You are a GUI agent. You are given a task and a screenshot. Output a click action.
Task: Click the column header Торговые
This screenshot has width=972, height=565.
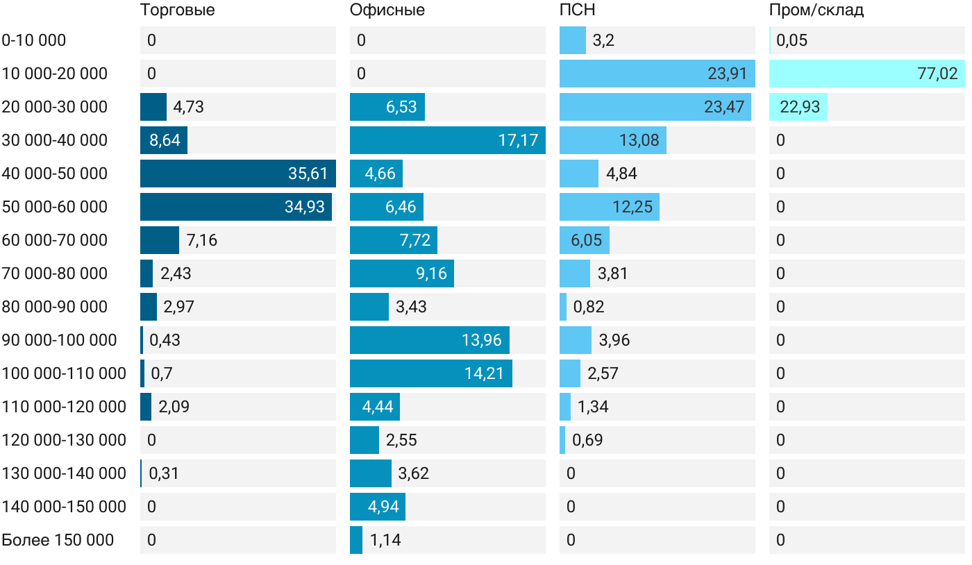click(x=177, y=10)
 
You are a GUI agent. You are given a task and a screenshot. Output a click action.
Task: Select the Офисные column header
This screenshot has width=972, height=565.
click(x=387, y=10)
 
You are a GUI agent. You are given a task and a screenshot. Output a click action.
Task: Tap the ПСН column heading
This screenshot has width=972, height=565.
click(x=577, y=10)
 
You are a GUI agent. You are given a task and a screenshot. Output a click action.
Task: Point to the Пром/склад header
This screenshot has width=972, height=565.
click(x=816, y=10)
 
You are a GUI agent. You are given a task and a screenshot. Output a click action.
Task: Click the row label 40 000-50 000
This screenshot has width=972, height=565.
click(x=55, y=174)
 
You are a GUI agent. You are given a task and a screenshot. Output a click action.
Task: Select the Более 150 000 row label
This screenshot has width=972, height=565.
click(x=58, y=540)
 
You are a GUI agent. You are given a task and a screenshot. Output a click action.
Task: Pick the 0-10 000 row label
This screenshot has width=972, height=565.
click(x=34, y=40)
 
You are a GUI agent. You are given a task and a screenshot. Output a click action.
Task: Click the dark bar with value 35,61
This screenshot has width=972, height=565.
click(x=237, y=174)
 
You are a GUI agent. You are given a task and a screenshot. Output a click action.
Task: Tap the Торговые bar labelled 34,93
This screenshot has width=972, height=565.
click(x=235, y=207)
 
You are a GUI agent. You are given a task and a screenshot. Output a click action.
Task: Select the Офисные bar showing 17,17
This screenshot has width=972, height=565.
click(x=447, y=140)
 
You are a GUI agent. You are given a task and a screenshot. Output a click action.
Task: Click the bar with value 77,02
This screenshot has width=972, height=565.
click(x=866, y=74)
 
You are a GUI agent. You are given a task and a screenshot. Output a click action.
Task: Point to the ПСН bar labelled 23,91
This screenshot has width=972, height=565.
click(x=657, y=74)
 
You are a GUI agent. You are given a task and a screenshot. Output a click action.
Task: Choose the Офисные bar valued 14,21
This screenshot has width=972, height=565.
click(x=430, y=373)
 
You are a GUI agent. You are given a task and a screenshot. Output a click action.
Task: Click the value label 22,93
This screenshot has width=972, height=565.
click(x=800, y=107)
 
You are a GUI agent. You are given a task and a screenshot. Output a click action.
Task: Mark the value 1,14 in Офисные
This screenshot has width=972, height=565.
click(x=385, y=540)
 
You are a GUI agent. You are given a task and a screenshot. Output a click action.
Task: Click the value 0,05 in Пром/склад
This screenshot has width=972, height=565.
click(x=791, y=40)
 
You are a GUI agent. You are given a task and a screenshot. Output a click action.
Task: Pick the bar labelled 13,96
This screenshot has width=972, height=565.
click(x=429, y=340)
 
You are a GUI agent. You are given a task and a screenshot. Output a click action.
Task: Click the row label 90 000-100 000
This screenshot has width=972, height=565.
click(x=59, y=340)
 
